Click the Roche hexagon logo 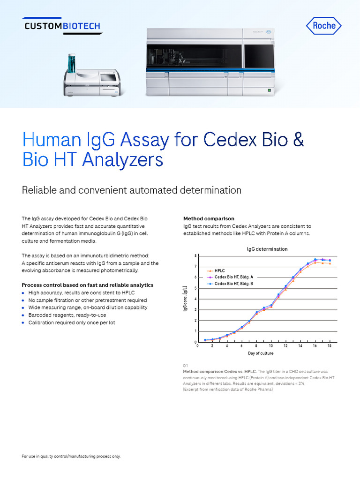point(324,26)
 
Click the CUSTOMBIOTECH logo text point(62,26)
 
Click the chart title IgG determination point(267,249)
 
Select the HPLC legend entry point(220,270)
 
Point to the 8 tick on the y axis point(195,256)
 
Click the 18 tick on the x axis point(330,346)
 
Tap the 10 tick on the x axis point(271,346)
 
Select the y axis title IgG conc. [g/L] point(186,299)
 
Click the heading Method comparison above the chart point(209,219)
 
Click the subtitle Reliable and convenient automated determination point(132,190)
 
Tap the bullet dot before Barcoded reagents point(23,315)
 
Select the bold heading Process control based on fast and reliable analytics point(88,285)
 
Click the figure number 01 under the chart point(186,366)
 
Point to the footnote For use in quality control point(71,456)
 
